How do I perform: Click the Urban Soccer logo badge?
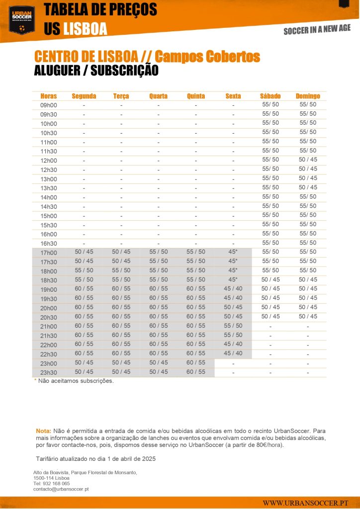coord(21,19)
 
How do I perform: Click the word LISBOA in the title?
coord(85,29)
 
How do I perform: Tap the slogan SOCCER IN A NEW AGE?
coord(317,30)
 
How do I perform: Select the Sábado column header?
coord(270,96)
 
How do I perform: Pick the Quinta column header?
coord(196,96)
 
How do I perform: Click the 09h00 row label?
coord(49,105)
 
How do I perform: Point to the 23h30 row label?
coord(49,372)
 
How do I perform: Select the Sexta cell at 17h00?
coord(233,252)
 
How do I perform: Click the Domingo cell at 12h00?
coord(308,160)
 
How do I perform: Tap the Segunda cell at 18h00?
coord(84,270)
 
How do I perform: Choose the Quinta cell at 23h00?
coord(196,363)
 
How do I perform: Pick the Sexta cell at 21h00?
coord(233,326)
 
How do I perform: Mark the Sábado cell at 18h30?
coord(270,279)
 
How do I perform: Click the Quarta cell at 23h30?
coord(159,372)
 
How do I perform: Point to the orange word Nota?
coord(43,430)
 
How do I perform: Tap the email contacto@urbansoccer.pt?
coord(61,489)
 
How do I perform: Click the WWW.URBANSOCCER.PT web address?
coord(305,503)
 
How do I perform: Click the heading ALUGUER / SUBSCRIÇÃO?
coord(96,71)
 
